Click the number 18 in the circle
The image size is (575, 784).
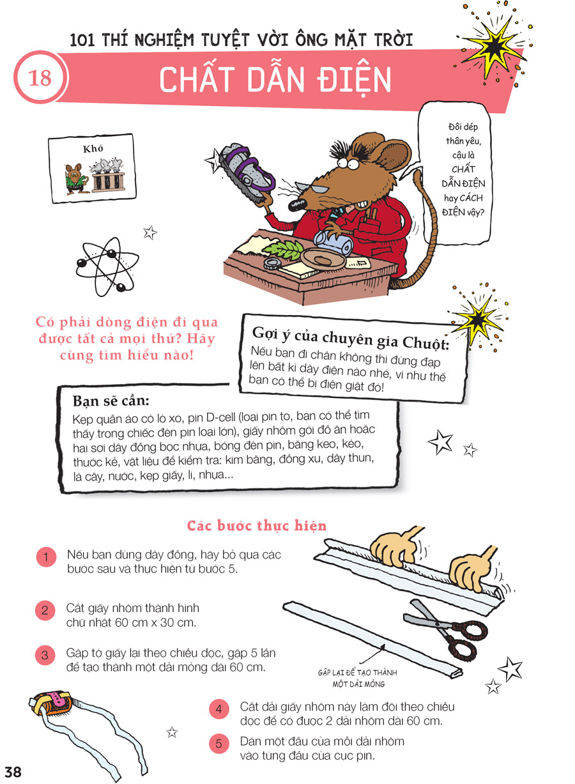(40, 78)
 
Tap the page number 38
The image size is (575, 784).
(13, 771)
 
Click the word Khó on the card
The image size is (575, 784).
(93, 149)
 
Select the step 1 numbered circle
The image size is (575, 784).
(46, 557)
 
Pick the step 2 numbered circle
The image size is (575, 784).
(45, 610)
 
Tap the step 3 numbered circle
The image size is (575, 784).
(45, 655)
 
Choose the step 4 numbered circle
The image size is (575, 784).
(219, 709)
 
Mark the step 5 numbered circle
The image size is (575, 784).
(219, 744)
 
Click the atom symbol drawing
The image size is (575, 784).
(107, 266)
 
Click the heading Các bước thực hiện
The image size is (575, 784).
(257, 525)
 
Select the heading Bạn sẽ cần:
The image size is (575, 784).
(111, 401)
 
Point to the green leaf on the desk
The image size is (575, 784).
(284, 249)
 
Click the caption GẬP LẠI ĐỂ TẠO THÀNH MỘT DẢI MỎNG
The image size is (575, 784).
(358, 679)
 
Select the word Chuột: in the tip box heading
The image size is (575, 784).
(426, 342)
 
